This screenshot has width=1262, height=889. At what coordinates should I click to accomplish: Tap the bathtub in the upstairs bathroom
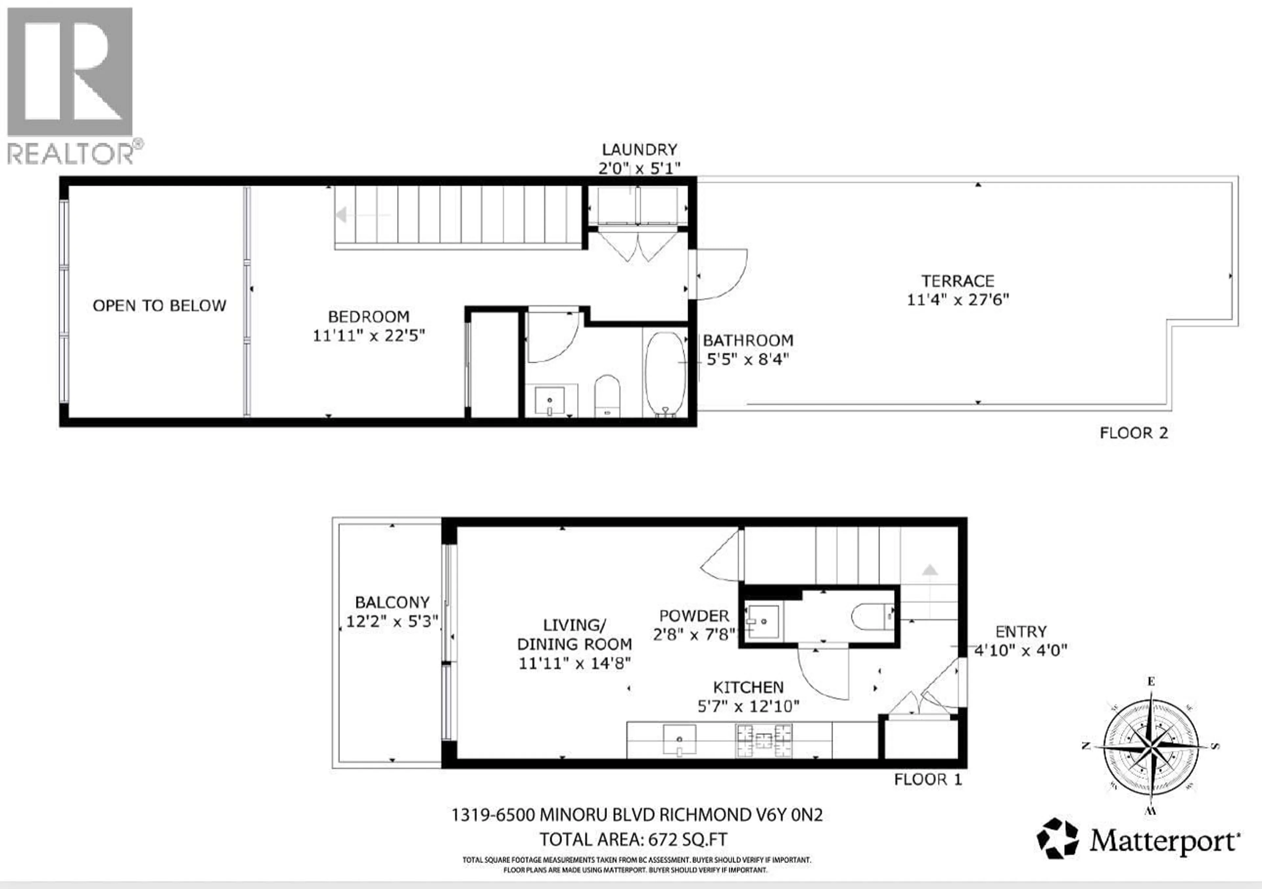665,374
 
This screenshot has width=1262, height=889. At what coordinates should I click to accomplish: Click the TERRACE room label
957,281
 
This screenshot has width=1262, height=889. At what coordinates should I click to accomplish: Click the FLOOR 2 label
1133,433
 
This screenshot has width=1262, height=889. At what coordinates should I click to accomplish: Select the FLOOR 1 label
928,780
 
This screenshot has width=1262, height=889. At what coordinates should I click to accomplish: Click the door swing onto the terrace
720,275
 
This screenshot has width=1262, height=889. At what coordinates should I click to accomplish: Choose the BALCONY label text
392,602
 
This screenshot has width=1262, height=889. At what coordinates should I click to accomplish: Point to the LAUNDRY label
639,149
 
